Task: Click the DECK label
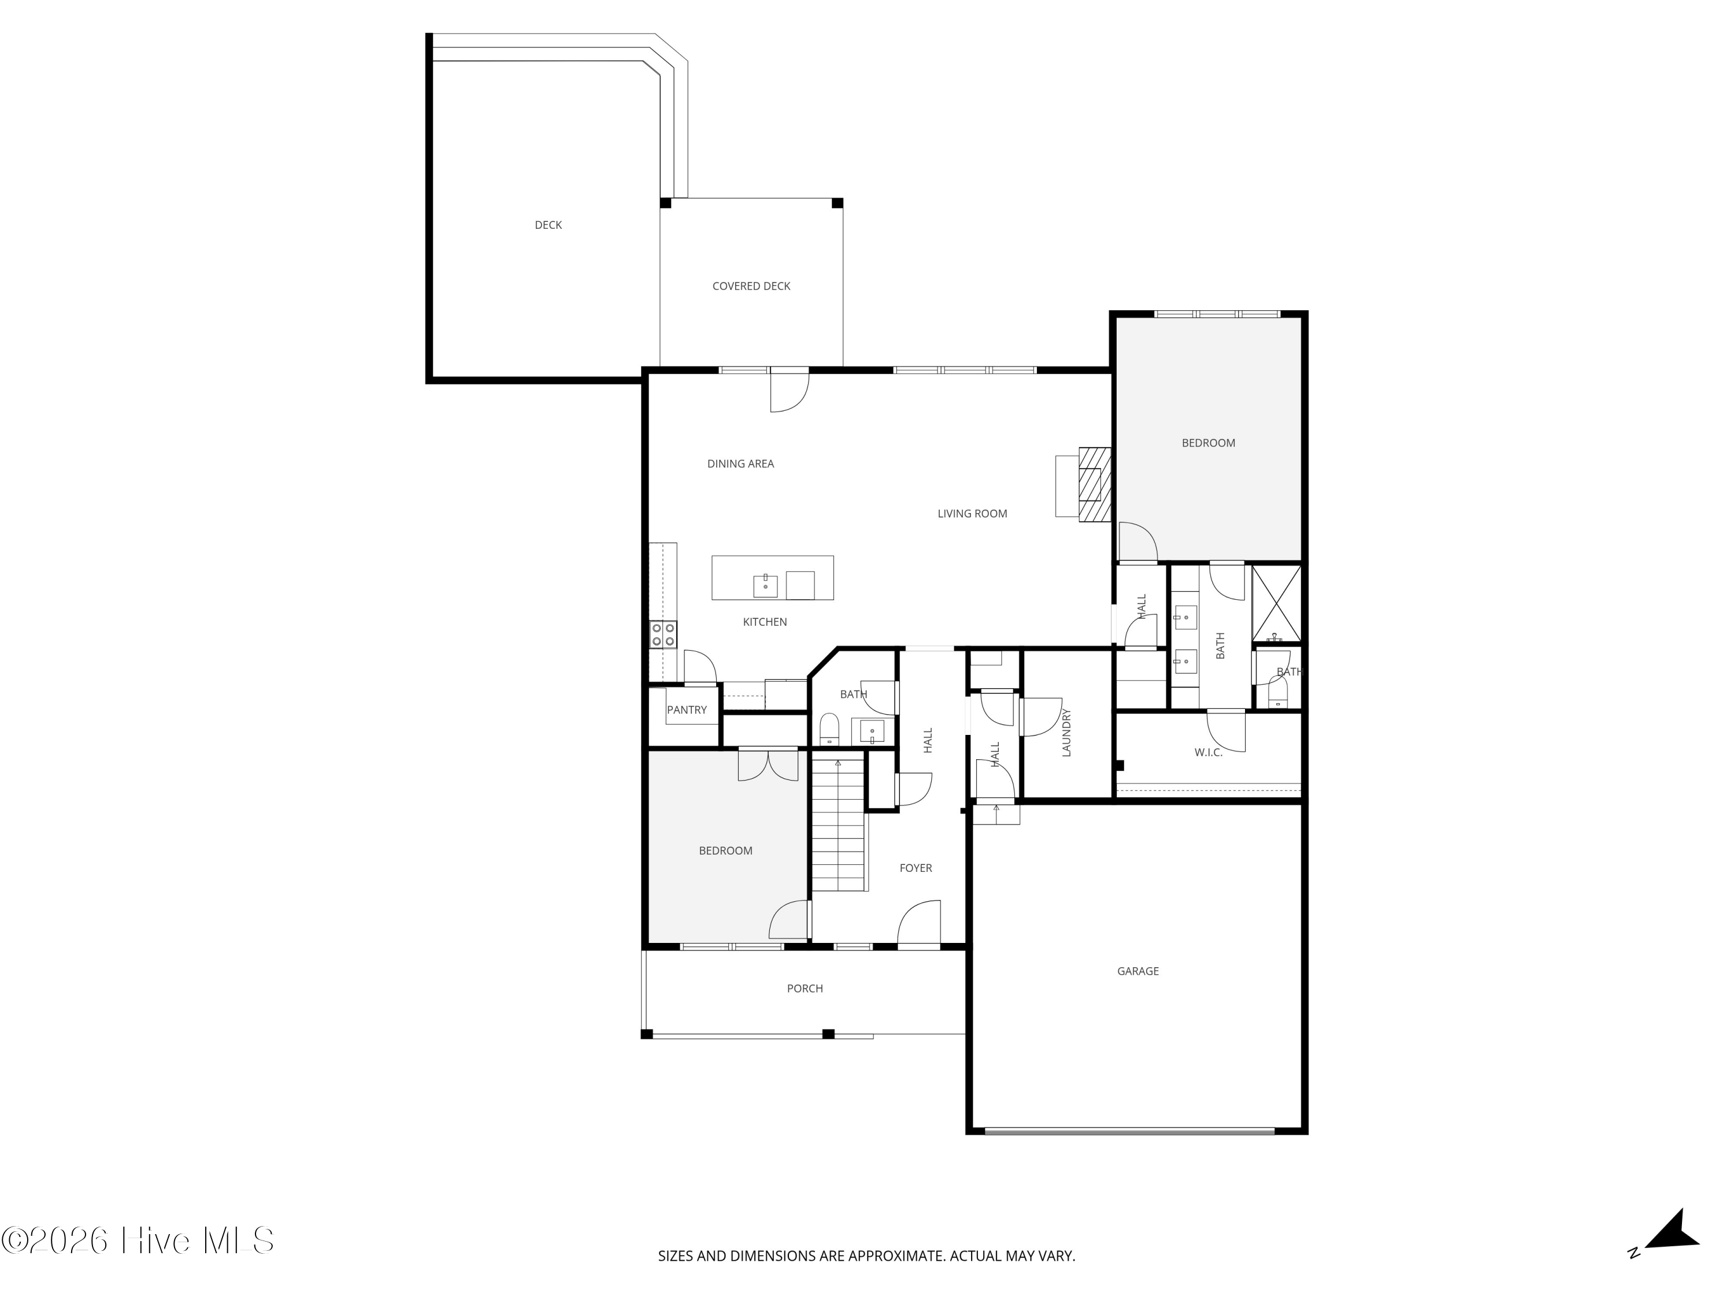tap(548, 225)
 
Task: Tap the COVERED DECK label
tap(751, 286)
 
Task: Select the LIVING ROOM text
tap(972, 513)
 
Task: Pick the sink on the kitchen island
tap(765, 585)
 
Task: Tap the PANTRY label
tap(687, 710)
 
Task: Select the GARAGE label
tap(1138, 971)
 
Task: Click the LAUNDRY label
tap(1066, 733)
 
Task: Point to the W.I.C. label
tap(1208, 752)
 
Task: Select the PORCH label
tap(805, 988)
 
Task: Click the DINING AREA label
tap(740, 464)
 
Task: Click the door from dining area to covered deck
tap(788, 390)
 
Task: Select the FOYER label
tap(916, 868)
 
